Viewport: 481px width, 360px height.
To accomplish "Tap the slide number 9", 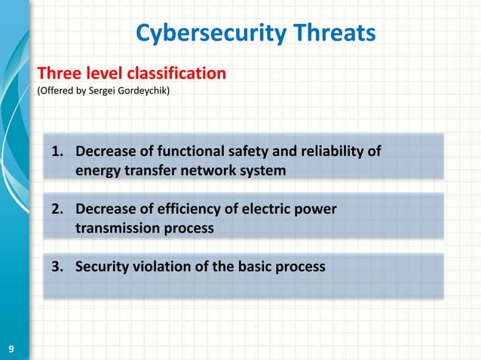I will [x=11, y=348].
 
